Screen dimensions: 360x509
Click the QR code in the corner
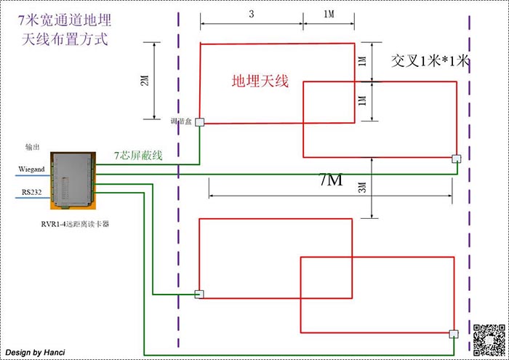489,338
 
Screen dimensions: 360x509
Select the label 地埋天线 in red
260,81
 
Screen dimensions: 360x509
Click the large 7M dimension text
330,179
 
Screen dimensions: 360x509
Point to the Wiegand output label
31,169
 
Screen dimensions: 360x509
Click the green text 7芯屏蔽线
138,156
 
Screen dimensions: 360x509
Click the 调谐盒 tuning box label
180,121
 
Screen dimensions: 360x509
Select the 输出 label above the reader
33,147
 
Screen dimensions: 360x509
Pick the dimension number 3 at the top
250,13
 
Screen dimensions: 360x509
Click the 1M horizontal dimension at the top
329,13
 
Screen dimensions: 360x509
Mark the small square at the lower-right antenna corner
454,334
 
